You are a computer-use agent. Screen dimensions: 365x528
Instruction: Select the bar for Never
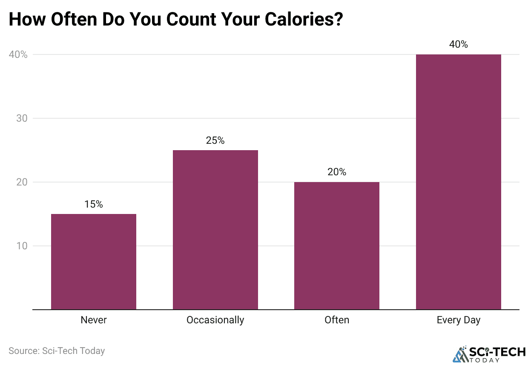[94, 262]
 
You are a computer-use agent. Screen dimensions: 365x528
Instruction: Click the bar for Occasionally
[215, 230]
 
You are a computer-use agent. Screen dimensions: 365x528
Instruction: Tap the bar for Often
[337, 245]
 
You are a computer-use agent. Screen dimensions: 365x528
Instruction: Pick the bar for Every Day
[458, 182]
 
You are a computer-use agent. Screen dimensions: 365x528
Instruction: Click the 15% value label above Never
[94, 204]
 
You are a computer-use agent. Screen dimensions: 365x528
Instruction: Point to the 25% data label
[215, 140]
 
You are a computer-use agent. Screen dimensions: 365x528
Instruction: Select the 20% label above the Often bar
[337, 172]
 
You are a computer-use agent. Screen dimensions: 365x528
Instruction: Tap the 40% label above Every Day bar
[458, 44]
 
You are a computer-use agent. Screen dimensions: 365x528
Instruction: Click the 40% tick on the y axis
[18, 54]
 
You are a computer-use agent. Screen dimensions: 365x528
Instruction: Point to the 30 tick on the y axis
[21, 118]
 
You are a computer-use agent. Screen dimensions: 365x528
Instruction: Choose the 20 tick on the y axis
[21, 182]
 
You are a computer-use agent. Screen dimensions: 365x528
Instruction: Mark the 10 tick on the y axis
[21, 246]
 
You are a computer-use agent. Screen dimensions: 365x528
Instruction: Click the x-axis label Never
[94, 320]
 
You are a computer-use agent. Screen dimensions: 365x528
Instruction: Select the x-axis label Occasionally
[215, 320]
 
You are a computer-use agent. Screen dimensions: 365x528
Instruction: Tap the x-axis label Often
[337, 320]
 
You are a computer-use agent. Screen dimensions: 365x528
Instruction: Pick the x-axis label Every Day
[458, 320]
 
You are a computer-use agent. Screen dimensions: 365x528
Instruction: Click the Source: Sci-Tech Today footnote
[57, 351]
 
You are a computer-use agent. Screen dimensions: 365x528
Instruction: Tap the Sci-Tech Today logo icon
[459, 354]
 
